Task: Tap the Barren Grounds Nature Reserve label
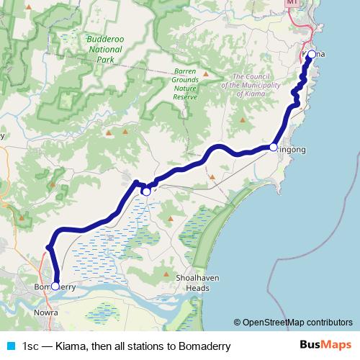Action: pyautogui.click(x=190, y=82)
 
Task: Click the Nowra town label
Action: pyautogui.click(x=47, y=313)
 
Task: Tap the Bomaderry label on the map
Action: pyautogui.click(x=55, y=287)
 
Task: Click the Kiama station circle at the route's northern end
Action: pyautogui.click(x=312, y=55)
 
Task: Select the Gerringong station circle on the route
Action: pyautogui.click(x=274, y=147)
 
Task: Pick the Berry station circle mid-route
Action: pyautogui.click(x=146, y=191)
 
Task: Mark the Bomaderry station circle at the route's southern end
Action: pyautogui.click(x=55, y=286)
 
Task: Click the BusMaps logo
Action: pyautogui.click(x=325, y=346)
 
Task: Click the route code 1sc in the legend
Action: pyautogui.click(x=30, y=346)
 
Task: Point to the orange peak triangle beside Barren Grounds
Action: pyautogui.click(x=206, y=73)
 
